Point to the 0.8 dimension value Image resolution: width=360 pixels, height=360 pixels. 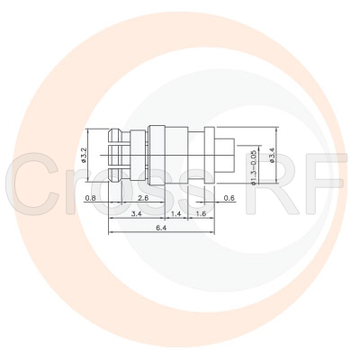click(91, 197)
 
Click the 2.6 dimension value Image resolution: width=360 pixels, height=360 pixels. click(143, 197)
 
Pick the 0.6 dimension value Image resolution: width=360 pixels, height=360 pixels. click(229, 197)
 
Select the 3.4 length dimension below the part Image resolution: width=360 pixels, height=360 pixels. click(136, 215)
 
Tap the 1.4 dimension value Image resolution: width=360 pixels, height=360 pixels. click(176, 215)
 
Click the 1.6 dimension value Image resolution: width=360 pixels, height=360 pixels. click(200, 215)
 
